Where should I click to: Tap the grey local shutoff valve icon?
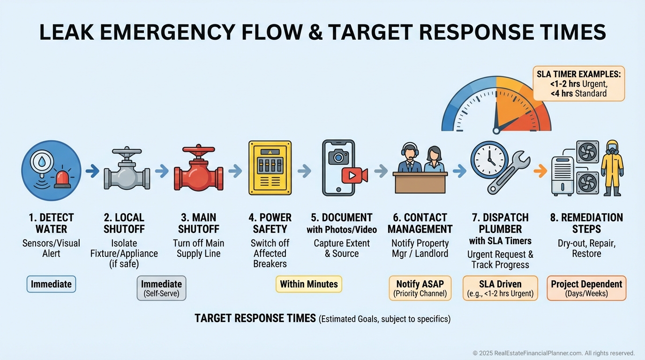click(126, 171)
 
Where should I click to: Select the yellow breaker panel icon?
click(270, 167)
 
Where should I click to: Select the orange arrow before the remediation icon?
click(540, 171)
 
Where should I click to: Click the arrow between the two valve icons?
click(161, 171)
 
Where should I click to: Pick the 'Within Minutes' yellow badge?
click(308, 284)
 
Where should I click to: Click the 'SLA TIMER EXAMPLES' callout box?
click(578, 83)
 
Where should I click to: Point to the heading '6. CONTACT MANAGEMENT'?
click(420, 223)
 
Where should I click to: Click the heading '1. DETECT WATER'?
click(51, 223)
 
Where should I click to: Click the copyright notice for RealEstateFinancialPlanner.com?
click(553, 353)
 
